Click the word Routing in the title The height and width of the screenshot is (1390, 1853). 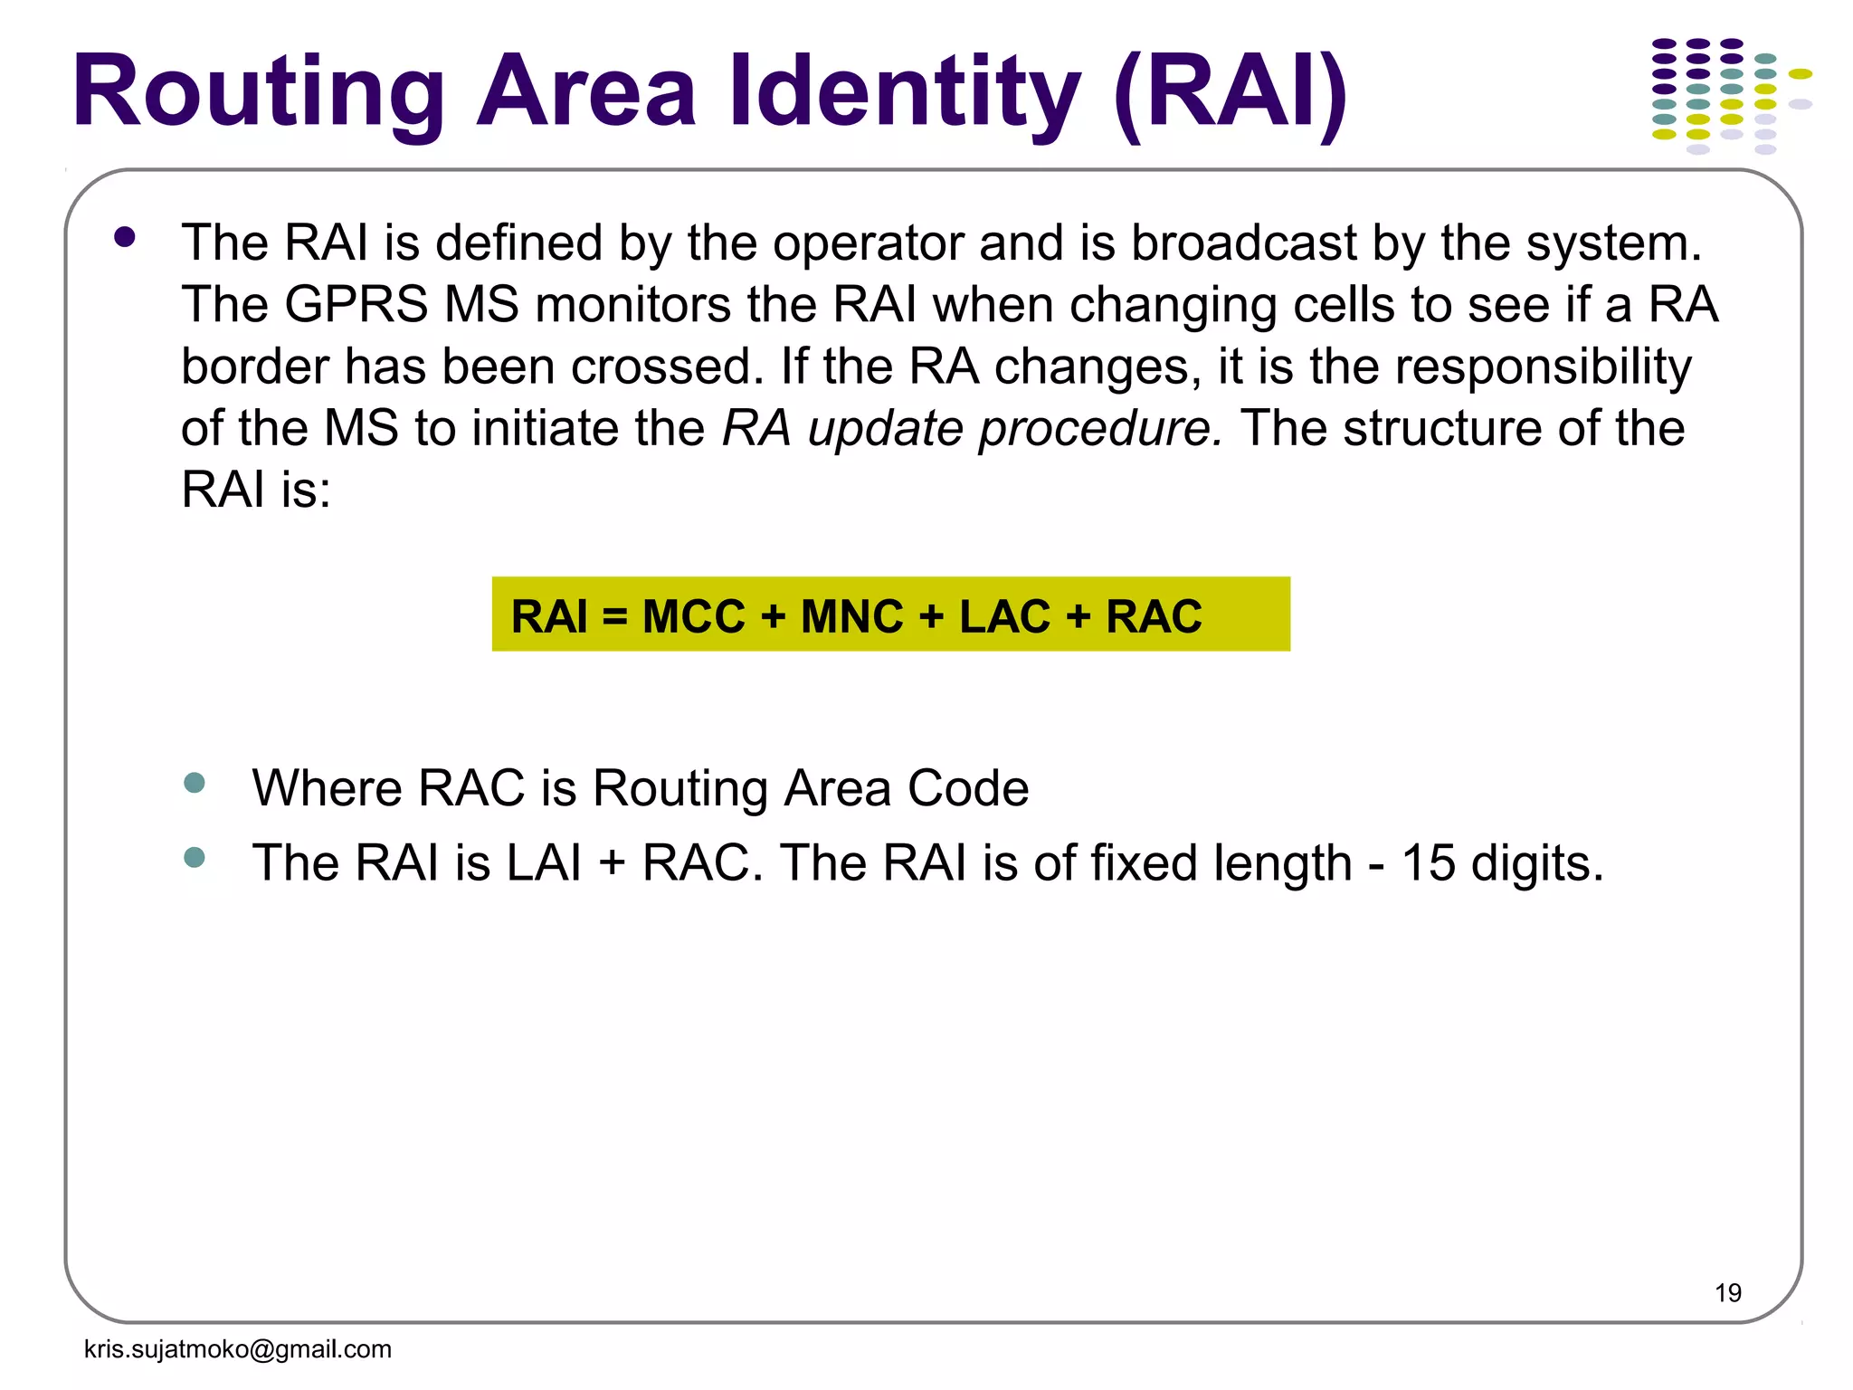(258, 93)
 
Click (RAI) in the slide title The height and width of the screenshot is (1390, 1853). (1231, 93)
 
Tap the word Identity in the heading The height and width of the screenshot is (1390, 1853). (905, 93)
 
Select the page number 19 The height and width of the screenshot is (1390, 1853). (1727, 1292)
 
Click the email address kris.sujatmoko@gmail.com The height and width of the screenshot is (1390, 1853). (237, 1349)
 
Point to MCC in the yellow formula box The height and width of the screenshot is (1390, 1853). (693, 616)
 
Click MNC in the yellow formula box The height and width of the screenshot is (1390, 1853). (851, 616)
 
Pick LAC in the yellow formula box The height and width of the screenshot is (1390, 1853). (1003, 616)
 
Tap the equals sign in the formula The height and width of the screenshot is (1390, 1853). (614, 618)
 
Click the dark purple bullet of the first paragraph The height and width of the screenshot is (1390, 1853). (125, 238)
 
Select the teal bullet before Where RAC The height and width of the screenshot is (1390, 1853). (195, 783)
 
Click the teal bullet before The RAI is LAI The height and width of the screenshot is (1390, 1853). (195, 857)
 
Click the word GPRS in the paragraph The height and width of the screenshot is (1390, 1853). (356, 304)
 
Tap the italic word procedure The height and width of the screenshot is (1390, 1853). (1100, 428)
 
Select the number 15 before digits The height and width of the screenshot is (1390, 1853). (1428, 862)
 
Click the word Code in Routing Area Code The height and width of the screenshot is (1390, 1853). (967, 787)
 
